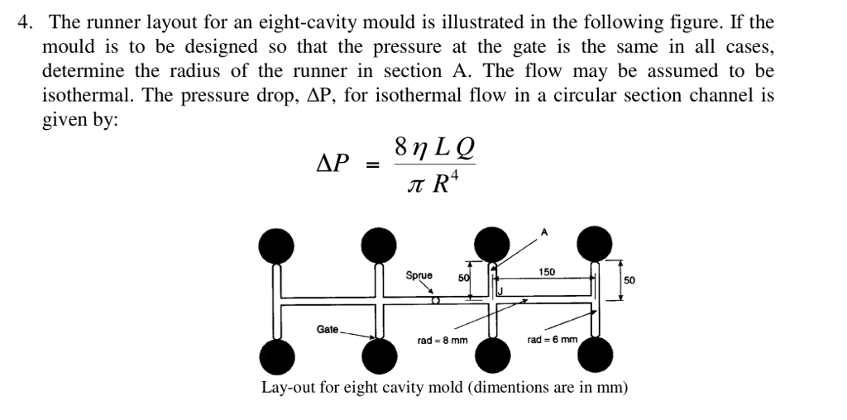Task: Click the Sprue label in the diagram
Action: click(419, 275)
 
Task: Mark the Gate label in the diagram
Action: click(328, 329)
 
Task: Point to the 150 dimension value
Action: click(547, 272)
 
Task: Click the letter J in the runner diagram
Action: click(500, 292)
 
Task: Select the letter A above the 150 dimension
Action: click(544, 232)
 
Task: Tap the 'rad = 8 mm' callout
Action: click(443, 340)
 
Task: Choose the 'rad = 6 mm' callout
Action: click(551, 340)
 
